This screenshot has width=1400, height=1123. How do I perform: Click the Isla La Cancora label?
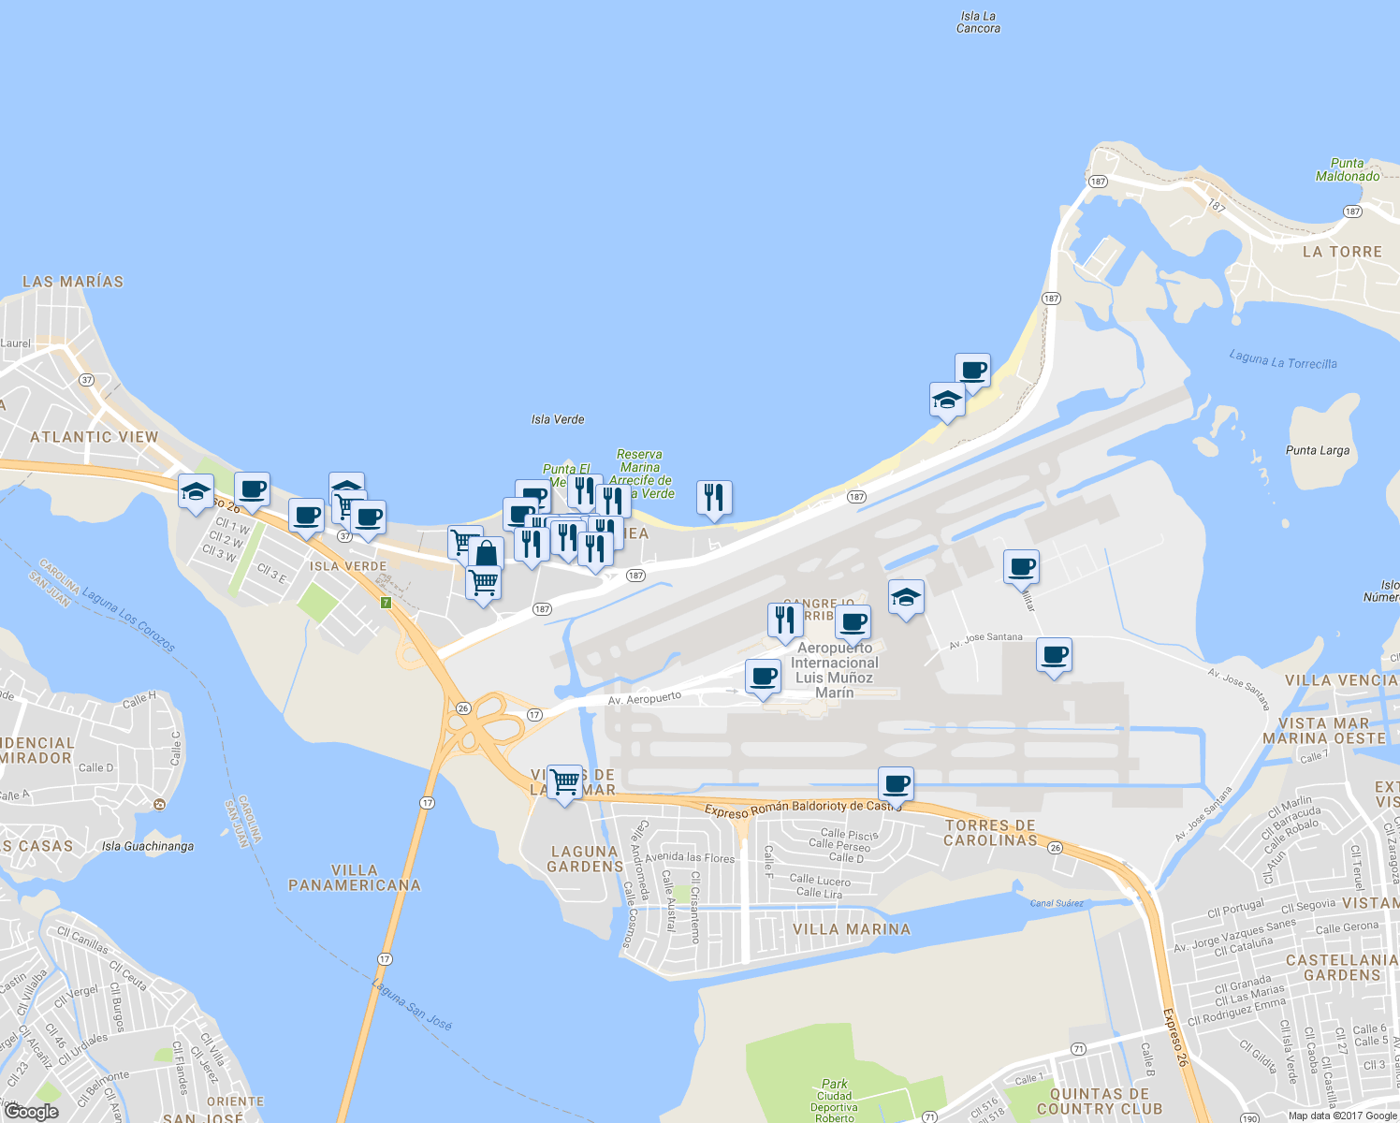pyautogui.click(x=978, y=22)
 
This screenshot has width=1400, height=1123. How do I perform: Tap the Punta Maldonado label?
pyautogui.click(x=1348, y=169)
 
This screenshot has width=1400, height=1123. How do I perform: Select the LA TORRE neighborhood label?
pyautogui.click(x=1342, y=252)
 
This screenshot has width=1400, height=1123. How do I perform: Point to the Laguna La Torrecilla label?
pyautogui.click(x=1283, y=359)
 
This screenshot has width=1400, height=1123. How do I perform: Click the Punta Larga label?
pyautogui.click(x=1318, y=450)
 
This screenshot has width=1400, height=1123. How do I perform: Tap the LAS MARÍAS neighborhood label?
pyautogui.click(x=73, y=282)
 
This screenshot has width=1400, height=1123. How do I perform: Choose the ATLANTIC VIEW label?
pyautogui.click(x=95, y=437)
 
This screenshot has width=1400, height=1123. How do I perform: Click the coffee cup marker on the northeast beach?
pyautogui.click(x=973, y=371)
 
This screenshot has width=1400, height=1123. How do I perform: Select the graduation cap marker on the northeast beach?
pyautogui.click(x=947, y=400)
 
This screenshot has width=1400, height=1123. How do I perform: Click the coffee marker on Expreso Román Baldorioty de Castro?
pyautogui.click(x=896, y=784)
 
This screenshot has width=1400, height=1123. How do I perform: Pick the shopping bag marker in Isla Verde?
pyautogui.click(x=486, y=553)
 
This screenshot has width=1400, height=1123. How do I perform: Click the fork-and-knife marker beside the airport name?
pyautogui.click(x=785, y=620)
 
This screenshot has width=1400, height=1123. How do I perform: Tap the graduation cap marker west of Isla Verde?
pyautogui.click(x=196, y=491)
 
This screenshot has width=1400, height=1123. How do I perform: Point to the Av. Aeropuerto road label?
pyautogui.click(x=645, y=698)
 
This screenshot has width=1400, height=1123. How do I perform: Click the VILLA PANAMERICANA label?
pyautogui.click(x=355, y=878)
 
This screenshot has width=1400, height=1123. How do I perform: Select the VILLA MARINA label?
pyautogui.click(x=852, y=929)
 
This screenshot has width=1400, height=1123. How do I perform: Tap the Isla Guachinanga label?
pyautogui.click(x=148, y=847)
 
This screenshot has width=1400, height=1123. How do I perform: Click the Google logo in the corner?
pyautogui.click(x=31, y=1111)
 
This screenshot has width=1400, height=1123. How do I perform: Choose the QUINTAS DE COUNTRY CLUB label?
pyautogui.click(x=1100, y=1101)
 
